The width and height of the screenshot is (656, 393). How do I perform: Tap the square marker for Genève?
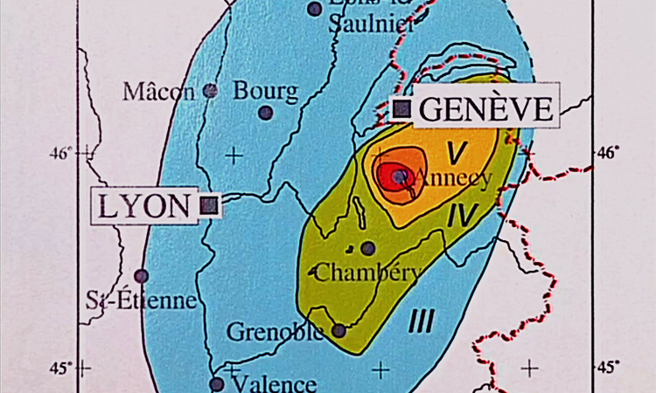pos(402,108)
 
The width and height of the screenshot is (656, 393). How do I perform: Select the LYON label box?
pos(145,206)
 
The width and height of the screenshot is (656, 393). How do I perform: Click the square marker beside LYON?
pos(208,205)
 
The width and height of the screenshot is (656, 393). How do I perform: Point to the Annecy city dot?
pos(400,176)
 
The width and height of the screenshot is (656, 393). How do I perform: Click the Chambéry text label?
pos(366,272)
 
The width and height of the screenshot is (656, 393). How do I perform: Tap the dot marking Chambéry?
pos(368,248)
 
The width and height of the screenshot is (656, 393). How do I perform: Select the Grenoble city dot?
pos(338,331)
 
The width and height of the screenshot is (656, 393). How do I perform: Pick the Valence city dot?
pos(217,383)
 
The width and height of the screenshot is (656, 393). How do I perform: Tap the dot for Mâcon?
pos(210,89)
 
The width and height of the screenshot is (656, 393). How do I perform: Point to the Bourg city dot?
pos(266,112)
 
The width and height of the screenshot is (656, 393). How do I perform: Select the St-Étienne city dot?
pos(142,276)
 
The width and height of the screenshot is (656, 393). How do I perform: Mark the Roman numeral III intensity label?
pos(422,322)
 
